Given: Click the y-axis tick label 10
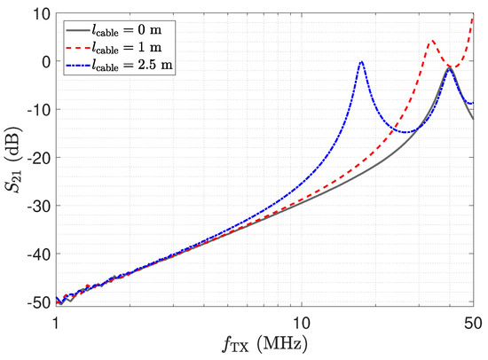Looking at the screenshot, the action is tap(41, 14).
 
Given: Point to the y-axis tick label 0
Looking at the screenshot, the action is tap(46, 61).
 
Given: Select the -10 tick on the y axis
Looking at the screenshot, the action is tap(38, 110).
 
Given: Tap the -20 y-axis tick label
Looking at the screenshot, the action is tap(38, 158).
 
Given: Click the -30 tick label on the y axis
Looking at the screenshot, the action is tap(38, 206).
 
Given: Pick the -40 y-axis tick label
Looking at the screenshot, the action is tap(38, 254).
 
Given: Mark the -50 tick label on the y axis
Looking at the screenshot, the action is tap(38, 302).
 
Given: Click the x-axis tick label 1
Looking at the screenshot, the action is tap(56, 324).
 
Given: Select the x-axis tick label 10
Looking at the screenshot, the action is tap(302, 324).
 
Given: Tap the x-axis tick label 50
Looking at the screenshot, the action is tap(474, 324).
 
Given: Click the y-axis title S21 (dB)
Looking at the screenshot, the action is tap(13, 159).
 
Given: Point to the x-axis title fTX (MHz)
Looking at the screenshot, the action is tap(265, 345).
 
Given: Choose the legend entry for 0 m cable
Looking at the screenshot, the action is tap(114, 30).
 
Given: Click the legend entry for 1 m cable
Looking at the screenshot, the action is tap(114, 48).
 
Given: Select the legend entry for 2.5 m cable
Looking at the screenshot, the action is tap(119, 66).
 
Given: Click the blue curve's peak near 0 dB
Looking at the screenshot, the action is tap(361, 62).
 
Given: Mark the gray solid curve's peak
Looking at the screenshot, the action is tap(450, 67).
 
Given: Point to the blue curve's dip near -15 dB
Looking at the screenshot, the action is tap(405, 132).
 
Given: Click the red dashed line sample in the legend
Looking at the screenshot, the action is tap(77, 48).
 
